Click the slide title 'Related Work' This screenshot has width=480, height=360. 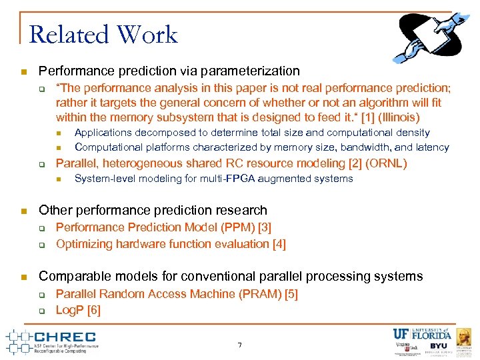coord(103,34)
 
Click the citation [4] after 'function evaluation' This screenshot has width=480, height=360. coord(279,244)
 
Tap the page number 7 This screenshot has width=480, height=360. coord(239,345)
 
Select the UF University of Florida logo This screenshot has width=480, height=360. coord(422,334)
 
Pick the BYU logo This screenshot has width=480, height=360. coord(438,347)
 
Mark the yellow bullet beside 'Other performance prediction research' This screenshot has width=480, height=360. coord(23,211)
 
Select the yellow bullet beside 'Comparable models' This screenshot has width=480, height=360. coord(23,277)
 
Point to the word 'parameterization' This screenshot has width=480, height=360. coord(257,71)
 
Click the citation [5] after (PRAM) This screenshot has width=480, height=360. coord(291,294)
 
